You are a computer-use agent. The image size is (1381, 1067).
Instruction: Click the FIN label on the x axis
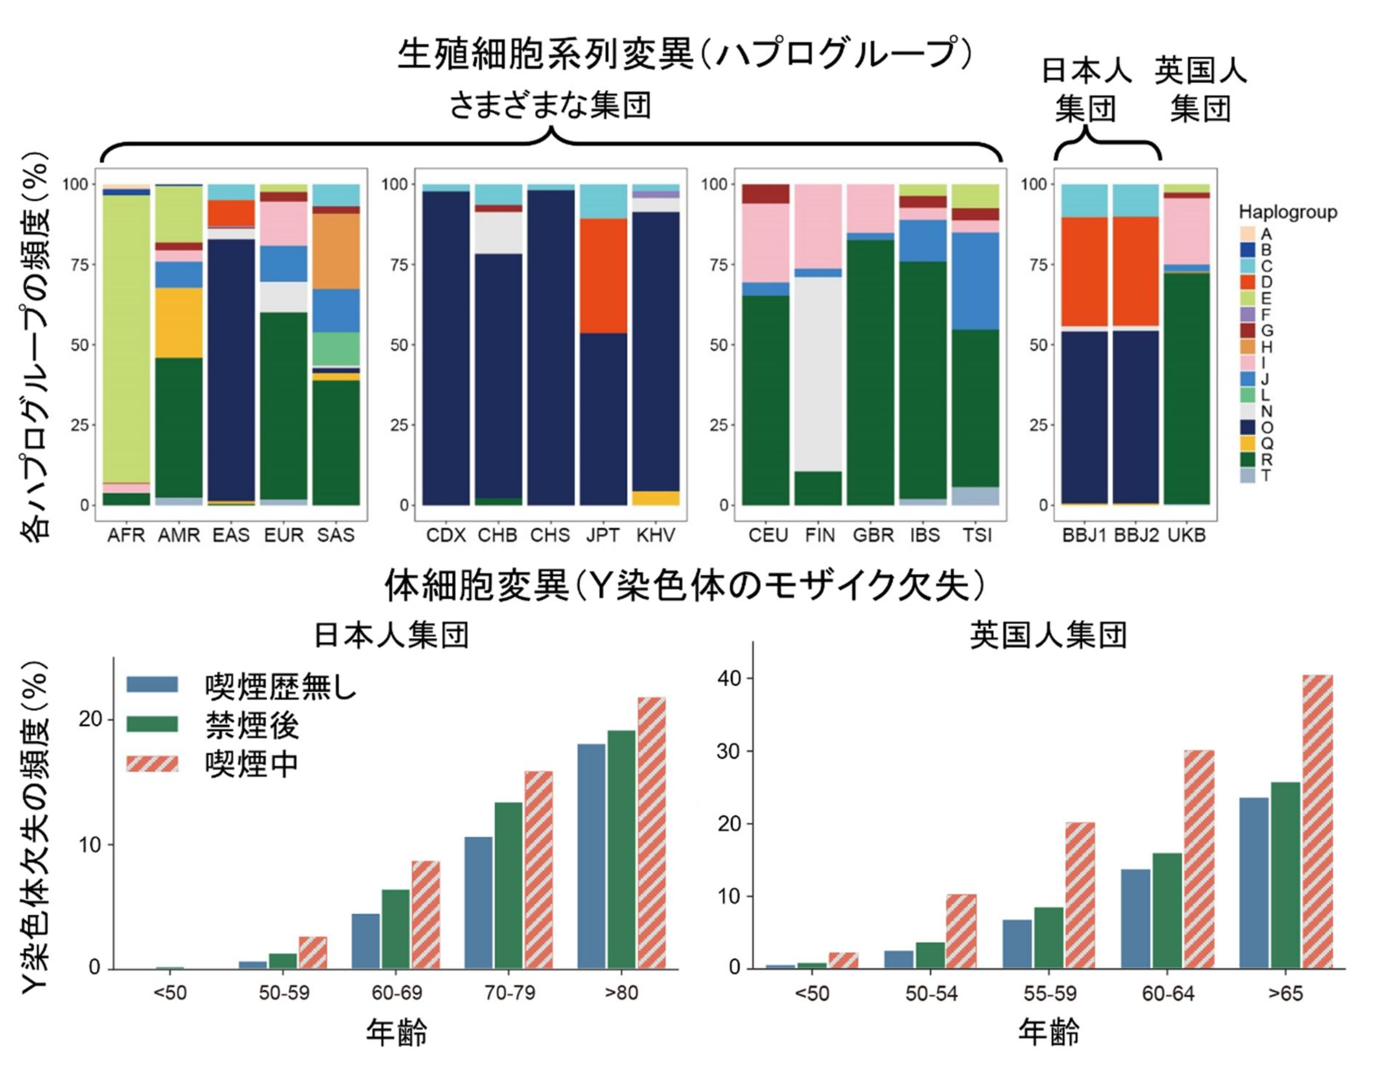820,536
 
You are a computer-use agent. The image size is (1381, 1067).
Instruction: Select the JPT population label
602,536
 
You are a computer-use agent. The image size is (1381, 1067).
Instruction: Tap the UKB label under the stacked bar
1187,536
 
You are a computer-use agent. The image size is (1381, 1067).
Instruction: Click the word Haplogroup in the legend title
1287,212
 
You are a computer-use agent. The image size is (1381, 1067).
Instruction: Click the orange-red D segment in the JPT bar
604,276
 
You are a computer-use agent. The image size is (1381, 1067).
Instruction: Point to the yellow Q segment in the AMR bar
179,322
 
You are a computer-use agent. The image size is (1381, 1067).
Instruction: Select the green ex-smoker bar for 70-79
509,885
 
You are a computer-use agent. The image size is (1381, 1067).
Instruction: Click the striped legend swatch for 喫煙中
152,764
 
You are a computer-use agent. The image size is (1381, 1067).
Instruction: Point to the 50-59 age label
284,993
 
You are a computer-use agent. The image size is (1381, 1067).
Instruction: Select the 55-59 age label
1050,994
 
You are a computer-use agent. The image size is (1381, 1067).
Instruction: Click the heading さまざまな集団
550,105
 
